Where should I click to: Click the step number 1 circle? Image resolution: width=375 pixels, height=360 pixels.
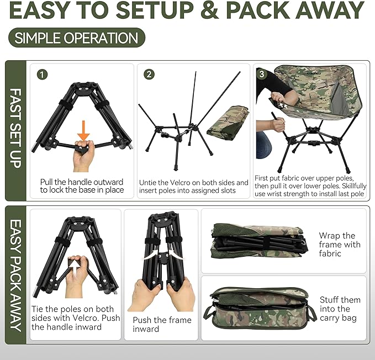(43, 74)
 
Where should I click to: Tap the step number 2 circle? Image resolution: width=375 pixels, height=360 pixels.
(149, 74)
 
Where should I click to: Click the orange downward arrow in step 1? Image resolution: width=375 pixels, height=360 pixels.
(83, 129)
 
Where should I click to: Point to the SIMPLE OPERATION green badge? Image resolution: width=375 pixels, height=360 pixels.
(77, 38)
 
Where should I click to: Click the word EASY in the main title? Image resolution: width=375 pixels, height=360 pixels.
(45, 10)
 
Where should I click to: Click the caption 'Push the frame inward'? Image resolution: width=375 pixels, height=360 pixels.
(162, 324)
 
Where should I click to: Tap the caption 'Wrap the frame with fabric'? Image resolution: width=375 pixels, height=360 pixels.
(339, 245)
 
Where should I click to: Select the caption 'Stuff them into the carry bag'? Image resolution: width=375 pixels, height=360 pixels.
(340, 309)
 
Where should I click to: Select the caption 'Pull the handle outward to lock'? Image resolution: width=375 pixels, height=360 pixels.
(82, 186)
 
